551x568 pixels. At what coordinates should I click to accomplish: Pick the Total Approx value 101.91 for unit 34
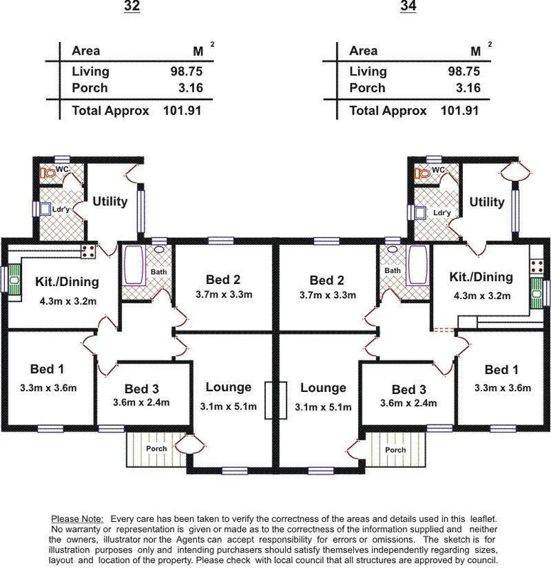click(x=459, y=111)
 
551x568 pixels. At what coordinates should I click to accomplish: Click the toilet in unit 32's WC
click(x=48, y=172)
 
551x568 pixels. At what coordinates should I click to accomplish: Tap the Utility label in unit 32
click(x=110, y=202)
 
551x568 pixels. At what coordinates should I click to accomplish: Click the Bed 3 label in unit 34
click(x=410, y=389)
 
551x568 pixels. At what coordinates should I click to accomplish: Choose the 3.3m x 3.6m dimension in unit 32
click(x=48, y=387)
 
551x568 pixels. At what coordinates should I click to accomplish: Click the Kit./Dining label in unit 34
click(x=481, y=277)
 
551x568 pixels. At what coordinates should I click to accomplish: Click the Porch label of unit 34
click(x=395, y=449)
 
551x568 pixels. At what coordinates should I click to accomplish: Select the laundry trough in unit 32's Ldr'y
click(x=46, y=209)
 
